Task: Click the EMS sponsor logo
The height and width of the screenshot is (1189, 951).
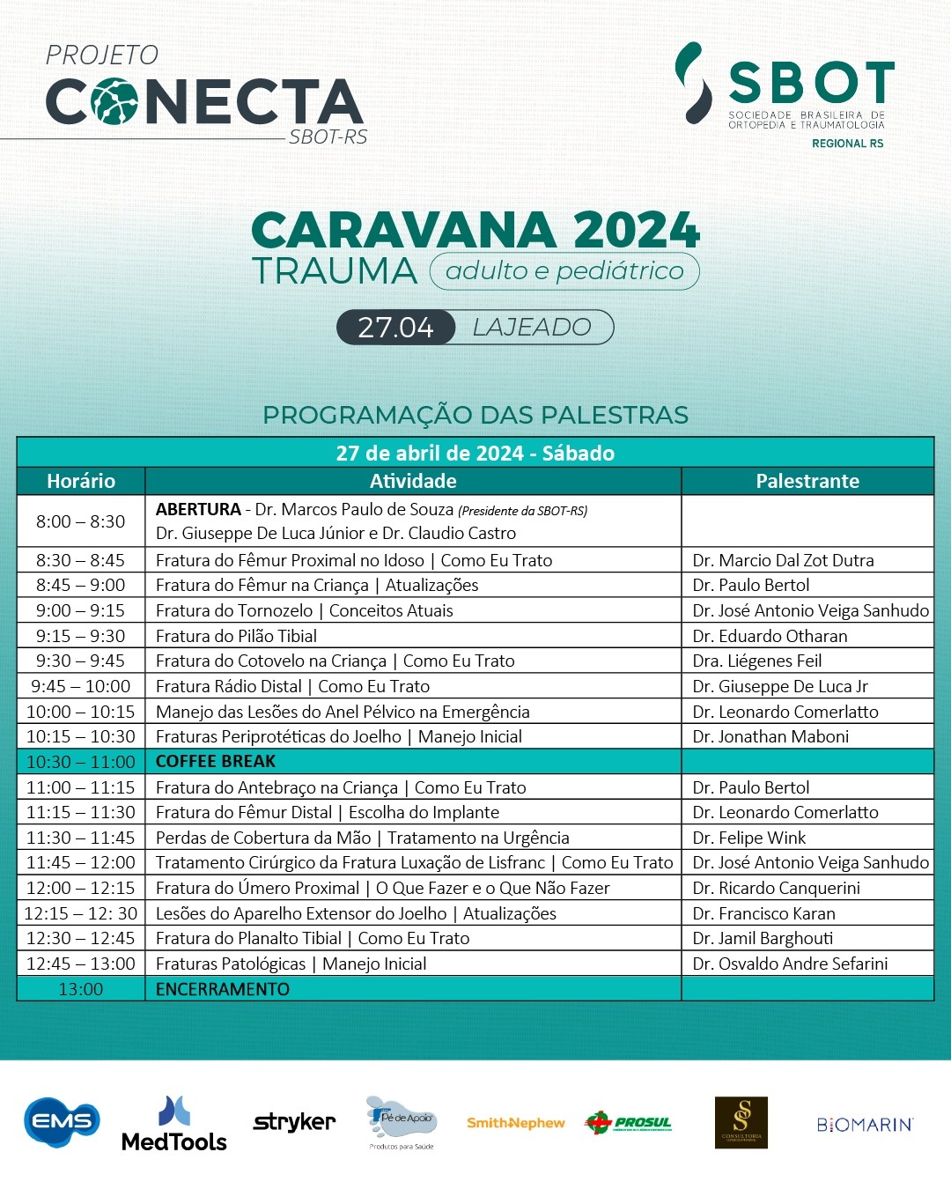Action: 62,1121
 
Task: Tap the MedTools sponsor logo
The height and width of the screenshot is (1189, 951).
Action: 174,1125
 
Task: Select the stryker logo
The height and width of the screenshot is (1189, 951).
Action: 294,1122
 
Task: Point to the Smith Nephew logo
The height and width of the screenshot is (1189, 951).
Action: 515,1123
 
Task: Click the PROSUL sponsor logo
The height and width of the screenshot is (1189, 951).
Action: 628,1122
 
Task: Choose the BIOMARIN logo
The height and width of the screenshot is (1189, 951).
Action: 865,1125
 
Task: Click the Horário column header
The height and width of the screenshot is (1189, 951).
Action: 81,481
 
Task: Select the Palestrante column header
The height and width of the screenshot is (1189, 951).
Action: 807,481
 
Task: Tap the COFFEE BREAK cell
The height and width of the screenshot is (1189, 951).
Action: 216,761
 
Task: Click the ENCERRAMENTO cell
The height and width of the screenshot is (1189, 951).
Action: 223,989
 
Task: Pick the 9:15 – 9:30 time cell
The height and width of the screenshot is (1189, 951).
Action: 80,636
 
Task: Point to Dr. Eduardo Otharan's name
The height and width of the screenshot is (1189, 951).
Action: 770,636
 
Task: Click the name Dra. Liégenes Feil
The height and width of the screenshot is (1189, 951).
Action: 756,661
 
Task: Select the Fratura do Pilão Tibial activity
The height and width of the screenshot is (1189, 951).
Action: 236,636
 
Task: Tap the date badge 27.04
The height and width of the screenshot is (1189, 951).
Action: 395,328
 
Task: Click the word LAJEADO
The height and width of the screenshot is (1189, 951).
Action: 532,328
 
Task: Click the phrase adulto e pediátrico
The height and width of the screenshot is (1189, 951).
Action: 564,271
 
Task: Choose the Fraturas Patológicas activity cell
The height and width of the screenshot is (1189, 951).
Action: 291,964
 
